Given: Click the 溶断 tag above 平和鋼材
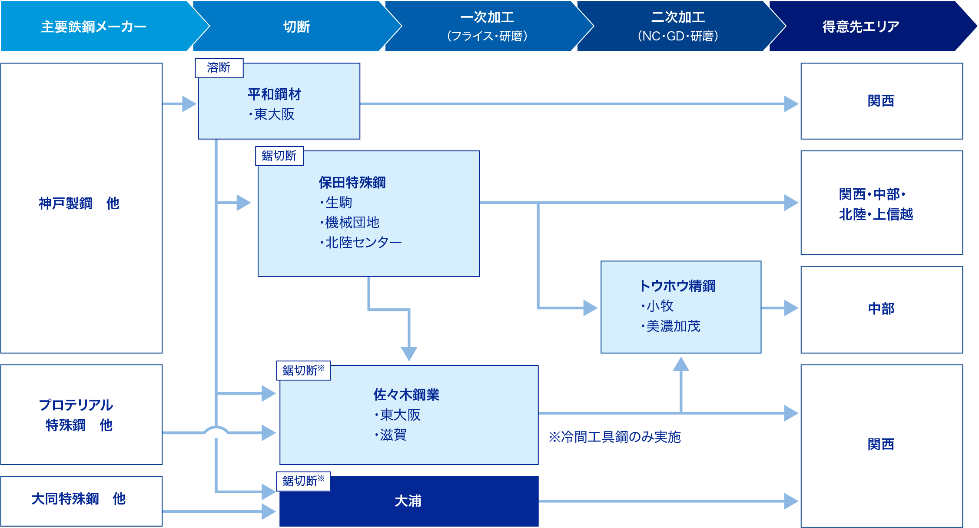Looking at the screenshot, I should coord(219,68).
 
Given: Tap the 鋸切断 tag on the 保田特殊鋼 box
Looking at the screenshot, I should coord(279,156).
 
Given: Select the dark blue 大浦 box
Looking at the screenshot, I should coord(408,501).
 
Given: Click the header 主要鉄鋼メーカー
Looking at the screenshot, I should coord(93,27).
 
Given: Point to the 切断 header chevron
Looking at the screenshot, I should coord(296,27).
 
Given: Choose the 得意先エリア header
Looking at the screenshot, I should coord(860,27).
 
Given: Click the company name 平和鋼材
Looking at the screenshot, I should coord(274,94).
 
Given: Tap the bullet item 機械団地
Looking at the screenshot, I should coord(352,222).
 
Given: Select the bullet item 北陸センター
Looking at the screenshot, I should coord(363,242).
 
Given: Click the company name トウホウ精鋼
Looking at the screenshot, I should coord(677,286).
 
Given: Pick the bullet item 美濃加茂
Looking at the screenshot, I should coord(673,326).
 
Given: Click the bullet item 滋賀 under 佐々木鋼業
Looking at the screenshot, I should coord(393,434).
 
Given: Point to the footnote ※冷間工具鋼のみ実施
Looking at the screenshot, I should coord(614,437).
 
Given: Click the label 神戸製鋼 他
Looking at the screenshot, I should coord(79,203).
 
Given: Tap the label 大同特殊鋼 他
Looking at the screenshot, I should coord(79,498).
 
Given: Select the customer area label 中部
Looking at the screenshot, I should coord(881,308).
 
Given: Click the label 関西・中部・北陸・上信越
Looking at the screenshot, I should coord(876,204).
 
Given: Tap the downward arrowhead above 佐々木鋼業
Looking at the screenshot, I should coord(409,354).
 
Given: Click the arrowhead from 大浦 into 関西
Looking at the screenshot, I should coord(791,501).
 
